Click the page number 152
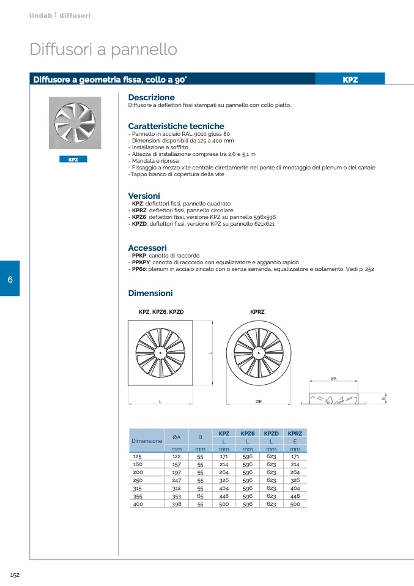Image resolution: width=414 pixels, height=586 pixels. coord(15,574)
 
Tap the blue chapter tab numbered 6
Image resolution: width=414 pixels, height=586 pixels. coord(10,279)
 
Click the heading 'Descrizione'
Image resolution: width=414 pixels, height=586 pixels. coord(151,97)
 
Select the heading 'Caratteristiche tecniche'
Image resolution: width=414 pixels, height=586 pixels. coord(176,126)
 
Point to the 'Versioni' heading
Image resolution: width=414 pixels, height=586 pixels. coord(144,196)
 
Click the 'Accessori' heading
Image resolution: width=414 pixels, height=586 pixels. coord(147,247)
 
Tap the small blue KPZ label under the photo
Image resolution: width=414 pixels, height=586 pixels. coord(73,159)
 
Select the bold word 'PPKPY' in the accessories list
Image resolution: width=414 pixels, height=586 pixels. coord(141,262)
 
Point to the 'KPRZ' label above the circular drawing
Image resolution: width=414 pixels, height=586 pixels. coord(257,312)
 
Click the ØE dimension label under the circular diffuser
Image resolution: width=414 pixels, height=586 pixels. coord(259,401)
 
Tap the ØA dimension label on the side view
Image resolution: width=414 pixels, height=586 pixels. coord(333,379)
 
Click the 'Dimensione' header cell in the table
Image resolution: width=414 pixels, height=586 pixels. coord(147,440)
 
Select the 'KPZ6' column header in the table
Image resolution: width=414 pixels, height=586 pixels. coord(248,433)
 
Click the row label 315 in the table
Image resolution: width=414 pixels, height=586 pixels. coord(137,488)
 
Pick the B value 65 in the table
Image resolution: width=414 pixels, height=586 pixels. coord(200,496)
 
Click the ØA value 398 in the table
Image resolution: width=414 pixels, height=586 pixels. coord(176,504)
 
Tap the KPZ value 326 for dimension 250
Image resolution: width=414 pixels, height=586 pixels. coord(224,480)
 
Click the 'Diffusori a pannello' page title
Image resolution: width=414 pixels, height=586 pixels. coord(103,50)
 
